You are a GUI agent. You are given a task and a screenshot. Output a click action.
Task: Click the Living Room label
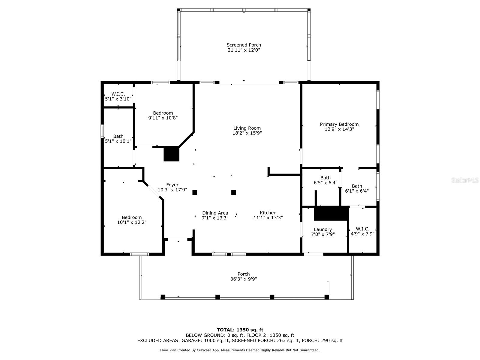point(247,128)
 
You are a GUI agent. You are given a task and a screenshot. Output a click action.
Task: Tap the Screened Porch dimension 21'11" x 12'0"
point(244,50)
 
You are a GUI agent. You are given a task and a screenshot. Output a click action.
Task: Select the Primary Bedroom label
point(339,124)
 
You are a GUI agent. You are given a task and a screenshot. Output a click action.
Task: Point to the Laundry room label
point(323,229)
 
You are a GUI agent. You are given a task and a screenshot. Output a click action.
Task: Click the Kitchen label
point(268,212)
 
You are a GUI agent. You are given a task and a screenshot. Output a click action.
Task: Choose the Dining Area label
point(215,213)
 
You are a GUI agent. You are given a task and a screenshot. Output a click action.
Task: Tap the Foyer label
point(172,185)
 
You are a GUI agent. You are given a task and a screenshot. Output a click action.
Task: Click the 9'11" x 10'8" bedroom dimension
point(163,118)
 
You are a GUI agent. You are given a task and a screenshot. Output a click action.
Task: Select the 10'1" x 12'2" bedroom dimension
point(132,222)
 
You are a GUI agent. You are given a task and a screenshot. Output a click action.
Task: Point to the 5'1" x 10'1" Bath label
point(118,136)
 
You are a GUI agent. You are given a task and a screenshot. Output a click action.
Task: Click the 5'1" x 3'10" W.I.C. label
point(118,94)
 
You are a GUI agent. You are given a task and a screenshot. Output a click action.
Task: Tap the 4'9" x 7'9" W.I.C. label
point(363,229)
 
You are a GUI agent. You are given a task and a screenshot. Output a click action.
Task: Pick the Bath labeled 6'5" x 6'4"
point(325,178)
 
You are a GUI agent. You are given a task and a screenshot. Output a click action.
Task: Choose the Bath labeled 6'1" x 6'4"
point(357,186)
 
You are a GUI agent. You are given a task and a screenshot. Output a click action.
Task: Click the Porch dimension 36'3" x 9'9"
point(244,279)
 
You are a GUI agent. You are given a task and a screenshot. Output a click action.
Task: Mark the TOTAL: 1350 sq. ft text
point(240,330)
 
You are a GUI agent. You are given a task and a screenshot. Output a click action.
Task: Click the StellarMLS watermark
point(465,180)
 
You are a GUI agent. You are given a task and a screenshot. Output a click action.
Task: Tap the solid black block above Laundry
point(331,213)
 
